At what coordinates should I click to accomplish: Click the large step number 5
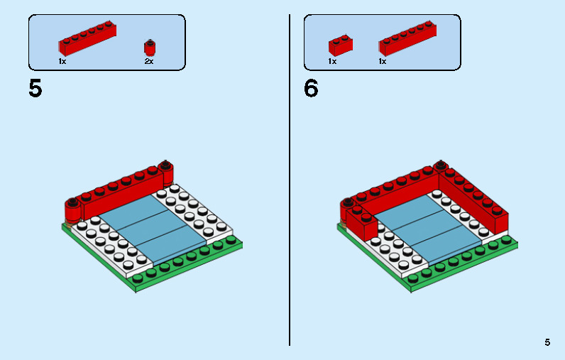(x=35, y=89)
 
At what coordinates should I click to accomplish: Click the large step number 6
(x=311, y=89)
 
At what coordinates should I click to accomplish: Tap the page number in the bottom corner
(x=547, y=342)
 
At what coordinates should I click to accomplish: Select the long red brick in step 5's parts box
(x=87, y=39)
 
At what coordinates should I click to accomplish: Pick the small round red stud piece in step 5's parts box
(x=150, y=48)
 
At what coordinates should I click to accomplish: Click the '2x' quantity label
(x=149, y=62)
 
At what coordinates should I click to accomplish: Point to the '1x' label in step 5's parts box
(x=62, y=62)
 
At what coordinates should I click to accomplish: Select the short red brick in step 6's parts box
(x=340, y=45)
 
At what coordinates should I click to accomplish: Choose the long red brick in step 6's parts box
(x=407, y=39)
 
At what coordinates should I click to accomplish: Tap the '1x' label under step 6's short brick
(x=332, y=62)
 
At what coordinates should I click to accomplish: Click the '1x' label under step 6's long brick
(x=383, y=62)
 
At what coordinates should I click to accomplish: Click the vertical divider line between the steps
(x=290, y=178)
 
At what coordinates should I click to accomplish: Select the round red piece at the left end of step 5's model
(x=72, y=212)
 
